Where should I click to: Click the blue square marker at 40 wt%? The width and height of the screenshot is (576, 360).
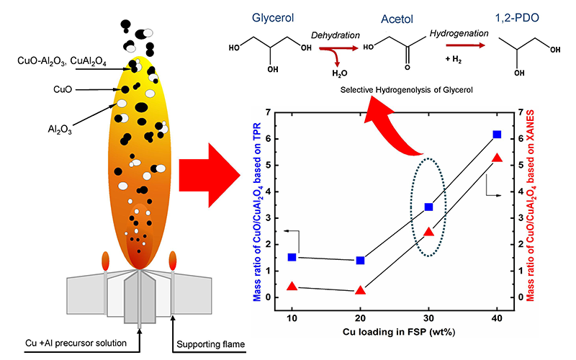497,135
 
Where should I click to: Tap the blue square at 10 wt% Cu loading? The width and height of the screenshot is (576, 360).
292,257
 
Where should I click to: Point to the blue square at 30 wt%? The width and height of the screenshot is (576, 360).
429,207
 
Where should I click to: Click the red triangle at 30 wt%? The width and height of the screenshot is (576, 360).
429,233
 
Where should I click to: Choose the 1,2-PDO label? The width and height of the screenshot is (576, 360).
517,15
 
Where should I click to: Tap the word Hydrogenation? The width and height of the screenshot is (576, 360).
458,33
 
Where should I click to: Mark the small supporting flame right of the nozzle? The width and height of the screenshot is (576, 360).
172,259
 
